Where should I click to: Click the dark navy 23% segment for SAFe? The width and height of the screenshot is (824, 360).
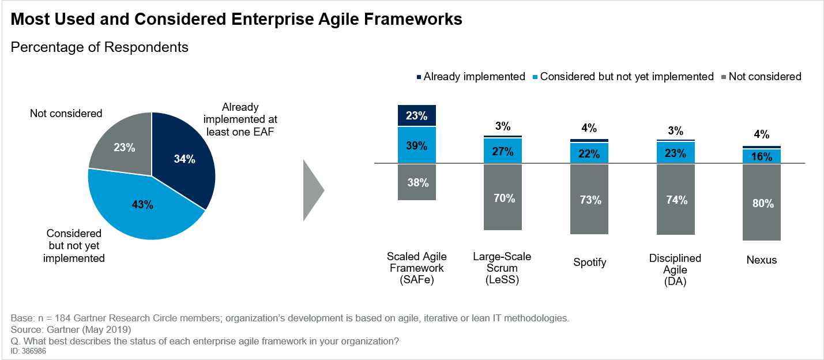click(416, 115)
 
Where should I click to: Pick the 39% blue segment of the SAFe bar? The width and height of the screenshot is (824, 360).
click(416, 145)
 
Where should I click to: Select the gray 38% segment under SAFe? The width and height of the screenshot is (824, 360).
click(416, 182)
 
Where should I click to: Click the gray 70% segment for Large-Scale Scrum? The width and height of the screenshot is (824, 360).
click(503, 197)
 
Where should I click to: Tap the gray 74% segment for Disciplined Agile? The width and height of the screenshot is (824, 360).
click(676, 200)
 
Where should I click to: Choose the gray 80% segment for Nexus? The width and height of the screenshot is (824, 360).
click(762, 202)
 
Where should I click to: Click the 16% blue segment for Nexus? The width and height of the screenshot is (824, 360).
click(762, 156)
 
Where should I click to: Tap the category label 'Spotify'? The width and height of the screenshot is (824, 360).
click(590, 262)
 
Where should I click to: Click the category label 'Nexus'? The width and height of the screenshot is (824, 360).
click(762, 260)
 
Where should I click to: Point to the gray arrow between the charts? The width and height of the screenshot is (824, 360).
click(313, 190)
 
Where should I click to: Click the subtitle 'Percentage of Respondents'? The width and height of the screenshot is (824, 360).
click(100, 47)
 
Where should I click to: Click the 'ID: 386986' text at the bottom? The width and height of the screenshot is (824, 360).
click(28, 350)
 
